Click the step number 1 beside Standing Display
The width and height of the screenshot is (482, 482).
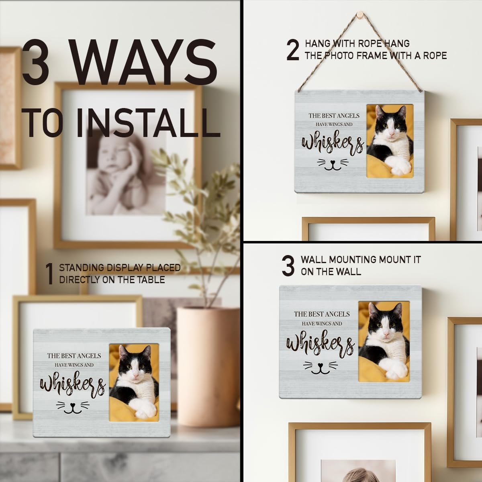click(x=50, y=274)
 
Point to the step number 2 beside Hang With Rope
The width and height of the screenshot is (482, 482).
click(x=293, y=50)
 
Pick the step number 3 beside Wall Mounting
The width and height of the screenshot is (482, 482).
click(x=288, y=266)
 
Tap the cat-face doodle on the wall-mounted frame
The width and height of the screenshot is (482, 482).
click(x=321, y=368)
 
